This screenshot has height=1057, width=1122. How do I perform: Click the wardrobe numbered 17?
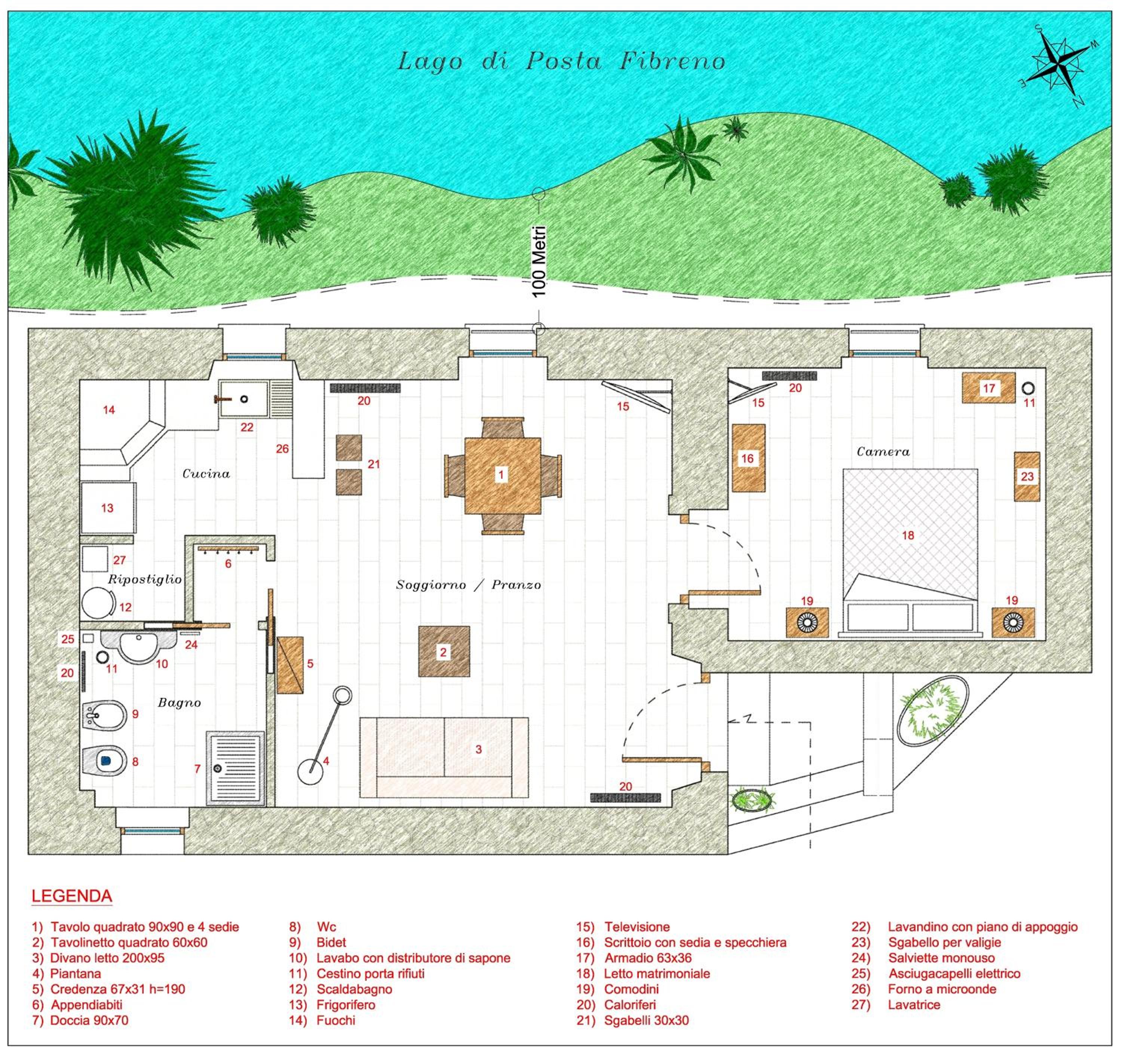coord(989,388)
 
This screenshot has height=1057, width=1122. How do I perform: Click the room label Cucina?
coord(206,474)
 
